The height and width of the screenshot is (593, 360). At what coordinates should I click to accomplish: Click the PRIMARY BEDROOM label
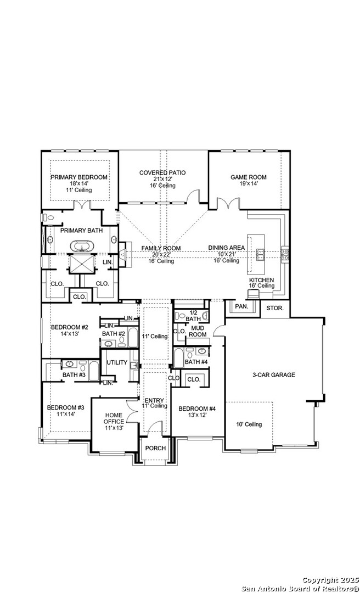[79, 177]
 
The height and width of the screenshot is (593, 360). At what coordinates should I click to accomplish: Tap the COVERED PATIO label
[162, 173]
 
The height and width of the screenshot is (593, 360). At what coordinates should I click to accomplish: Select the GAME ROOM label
[249, 177]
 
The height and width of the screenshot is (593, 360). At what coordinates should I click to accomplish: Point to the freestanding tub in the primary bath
[81, 246]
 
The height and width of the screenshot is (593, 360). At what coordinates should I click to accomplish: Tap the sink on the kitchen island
[261, 255]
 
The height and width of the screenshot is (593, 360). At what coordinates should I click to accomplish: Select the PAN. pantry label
[241, 306]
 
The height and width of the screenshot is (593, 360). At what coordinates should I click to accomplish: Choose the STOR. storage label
[275, 308]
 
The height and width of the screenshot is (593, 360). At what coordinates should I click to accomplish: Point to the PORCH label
[155, 448]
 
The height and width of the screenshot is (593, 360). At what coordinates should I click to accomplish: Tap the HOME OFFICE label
[114, 418]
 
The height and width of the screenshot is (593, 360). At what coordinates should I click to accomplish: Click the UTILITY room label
[117, 363]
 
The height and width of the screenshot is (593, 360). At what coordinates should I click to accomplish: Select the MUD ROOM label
[199, 331]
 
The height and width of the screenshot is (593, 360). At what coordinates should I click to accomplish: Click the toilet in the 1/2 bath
[182, 315]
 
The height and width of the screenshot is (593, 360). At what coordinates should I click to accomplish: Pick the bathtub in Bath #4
[178, 358]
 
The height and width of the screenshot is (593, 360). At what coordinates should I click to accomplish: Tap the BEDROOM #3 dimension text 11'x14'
[66, 414]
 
